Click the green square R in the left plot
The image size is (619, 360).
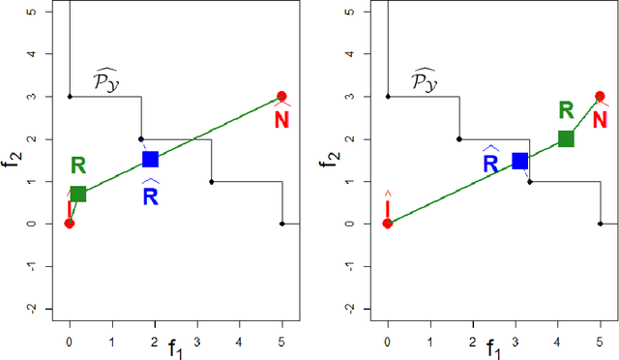click(x=77, y=194)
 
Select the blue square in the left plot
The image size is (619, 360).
click(x=150, y=159)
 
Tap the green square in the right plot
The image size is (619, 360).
click(x=566, y=138)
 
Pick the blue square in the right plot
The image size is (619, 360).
click(x=519, y=161)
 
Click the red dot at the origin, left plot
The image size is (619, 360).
click(x=70, y=224)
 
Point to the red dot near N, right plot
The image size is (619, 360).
click(x=600, y=97)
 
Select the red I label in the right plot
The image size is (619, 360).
click(x=388, y=207)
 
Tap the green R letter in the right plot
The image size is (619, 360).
click(x=566, y=111)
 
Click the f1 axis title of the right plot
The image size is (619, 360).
click(x=493, y=346)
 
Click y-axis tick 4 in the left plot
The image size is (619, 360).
click(x=34, y=54)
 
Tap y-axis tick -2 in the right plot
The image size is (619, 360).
click(x=352, y=308)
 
